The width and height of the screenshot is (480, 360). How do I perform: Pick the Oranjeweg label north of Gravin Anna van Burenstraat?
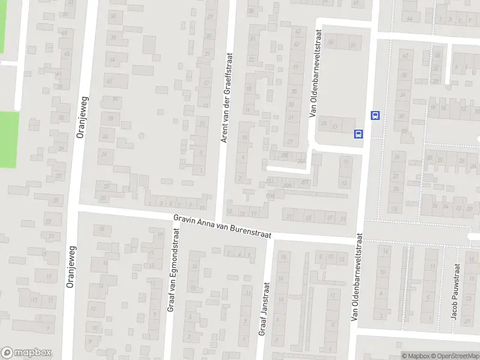click(x=83, y=118)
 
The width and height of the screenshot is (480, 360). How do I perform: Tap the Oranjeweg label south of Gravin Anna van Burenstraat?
click(x=70, y=266)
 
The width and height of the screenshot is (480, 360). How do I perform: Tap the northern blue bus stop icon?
click(x=375, y=115)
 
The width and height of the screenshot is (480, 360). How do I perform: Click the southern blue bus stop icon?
click(x=359, y=134)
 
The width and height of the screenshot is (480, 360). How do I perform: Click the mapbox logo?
click(x=26, y=353)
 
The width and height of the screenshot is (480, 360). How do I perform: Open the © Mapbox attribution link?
click(x=415, y=355)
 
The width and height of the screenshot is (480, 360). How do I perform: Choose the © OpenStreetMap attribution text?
click(x=454, y=355)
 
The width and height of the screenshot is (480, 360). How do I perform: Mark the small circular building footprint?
click(x=142, y=136)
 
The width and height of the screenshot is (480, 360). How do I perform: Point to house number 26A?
click(x=301, y=160)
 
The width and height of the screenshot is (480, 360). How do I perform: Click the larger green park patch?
click(x=8, y=139)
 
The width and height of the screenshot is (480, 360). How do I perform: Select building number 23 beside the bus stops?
click(x=324, y=125)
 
